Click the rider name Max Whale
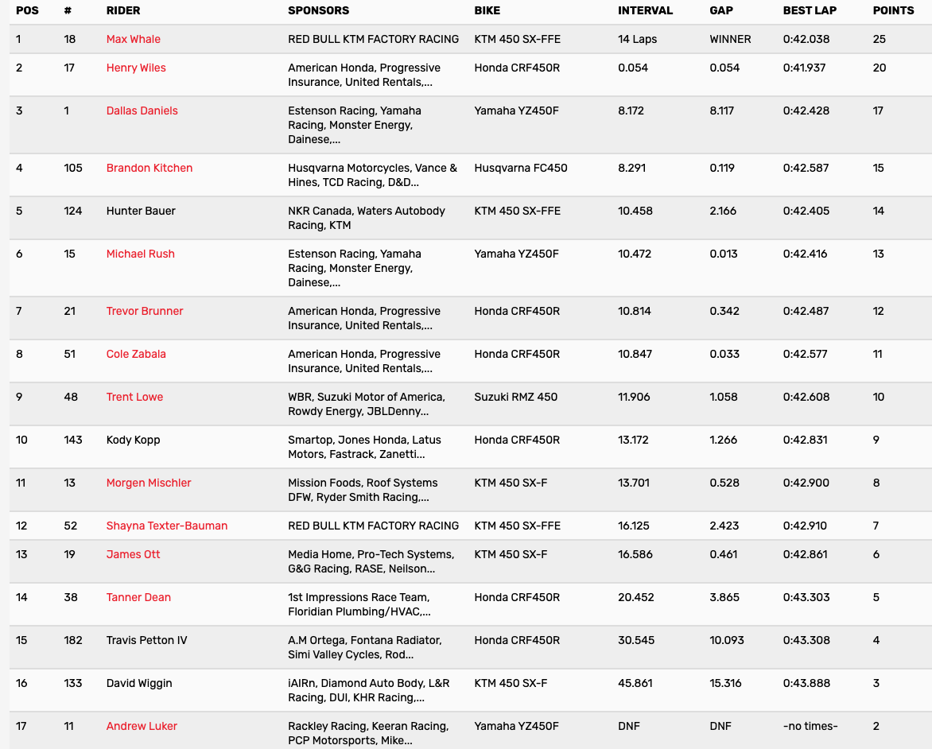[133, 39]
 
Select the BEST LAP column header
[810, 11]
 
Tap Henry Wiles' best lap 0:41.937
[806, 68]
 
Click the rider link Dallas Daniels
[142, 111]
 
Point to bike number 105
[73, 168]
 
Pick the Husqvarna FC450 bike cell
[521, 168]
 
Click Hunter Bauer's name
[141, 211]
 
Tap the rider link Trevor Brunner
[145, 311]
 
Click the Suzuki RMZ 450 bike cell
[516, 397]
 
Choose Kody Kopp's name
[134, 440]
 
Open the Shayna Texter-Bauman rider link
[167, 526]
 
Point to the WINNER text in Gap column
[730, 39]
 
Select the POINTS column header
[893, 11]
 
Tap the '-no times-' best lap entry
[810, 726]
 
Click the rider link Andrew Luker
[142, 726]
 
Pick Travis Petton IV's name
[146, 640]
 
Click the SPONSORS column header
[318, 11]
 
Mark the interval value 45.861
[635, 683]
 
